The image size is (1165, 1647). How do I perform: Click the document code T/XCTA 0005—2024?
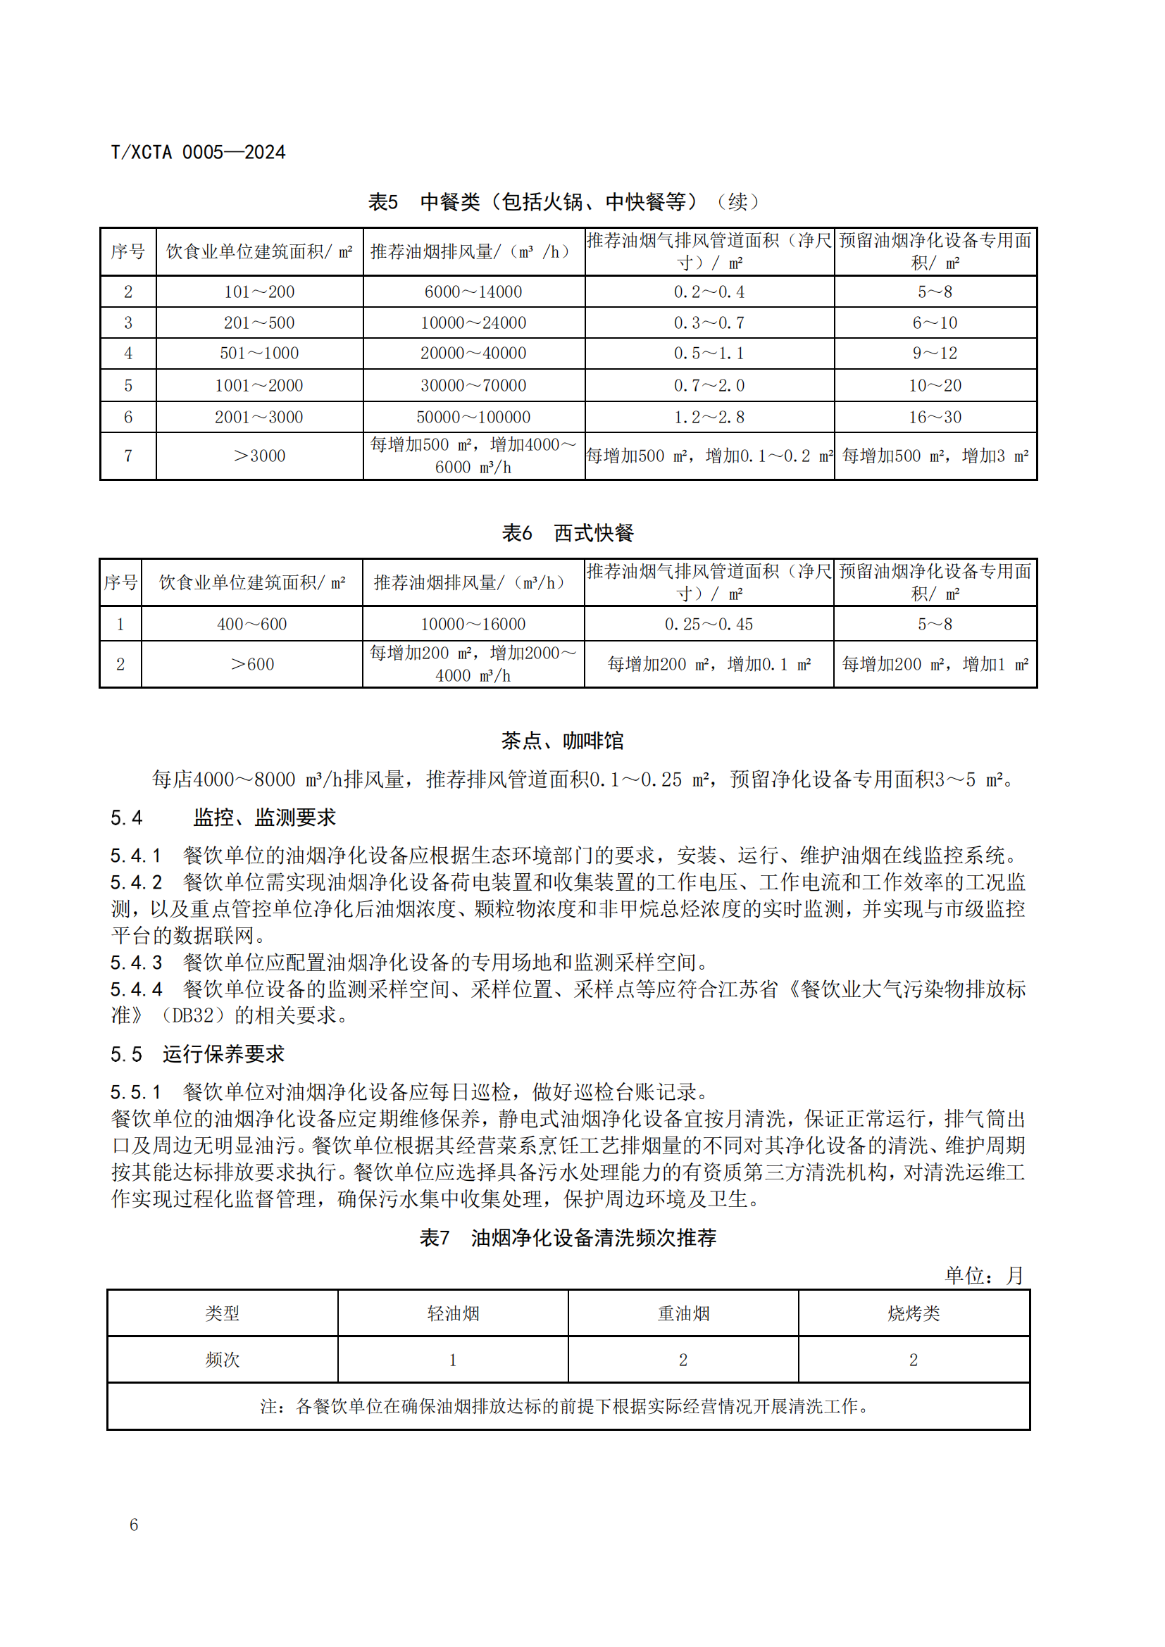pos(198,152)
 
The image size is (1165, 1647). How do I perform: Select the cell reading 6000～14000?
pos(473,292)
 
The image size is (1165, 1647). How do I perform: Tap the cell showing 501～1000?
pos(259,353)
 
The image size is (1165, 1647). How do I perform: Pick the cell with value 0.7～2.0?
pos(709,385)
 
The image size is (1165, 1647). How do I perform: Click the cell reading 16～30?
pos(935,417)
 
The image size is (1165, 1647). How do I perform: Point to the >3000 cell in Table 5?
pos(259,456)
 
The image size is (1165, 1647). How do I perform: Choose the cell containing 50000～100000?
pos(473,417)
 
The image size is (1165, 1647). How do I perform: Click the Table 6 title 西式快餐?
pos(568,533)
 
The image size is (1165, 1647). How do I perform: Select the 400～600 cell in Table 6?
pos(251,624)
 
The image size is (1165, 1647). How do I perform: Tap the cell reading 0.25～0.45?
pos(709,624)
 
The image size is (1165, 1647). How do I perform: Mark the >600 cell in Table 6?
pos(251,664)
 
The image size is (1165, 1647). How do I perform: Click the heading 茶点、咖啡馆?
pos(562,741)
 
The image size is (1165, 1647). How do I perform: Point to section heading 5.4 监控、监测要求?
pos(223,817)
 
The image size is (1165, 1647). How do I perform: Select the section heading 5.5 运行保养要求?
pos(198,1054)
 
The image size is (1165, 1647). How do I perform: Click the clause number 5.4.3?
pos(137,962)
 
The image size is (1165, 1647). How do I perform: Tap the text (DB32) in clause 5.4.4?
pos(192,1015)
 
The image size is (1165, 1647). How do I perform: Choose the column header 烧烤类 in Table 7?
pos(914,1313)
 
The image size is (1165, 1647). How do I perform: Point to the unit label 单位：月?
pos(983,1275)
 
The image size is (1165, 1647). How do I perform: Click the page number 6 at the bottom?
pos(133,1524)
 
